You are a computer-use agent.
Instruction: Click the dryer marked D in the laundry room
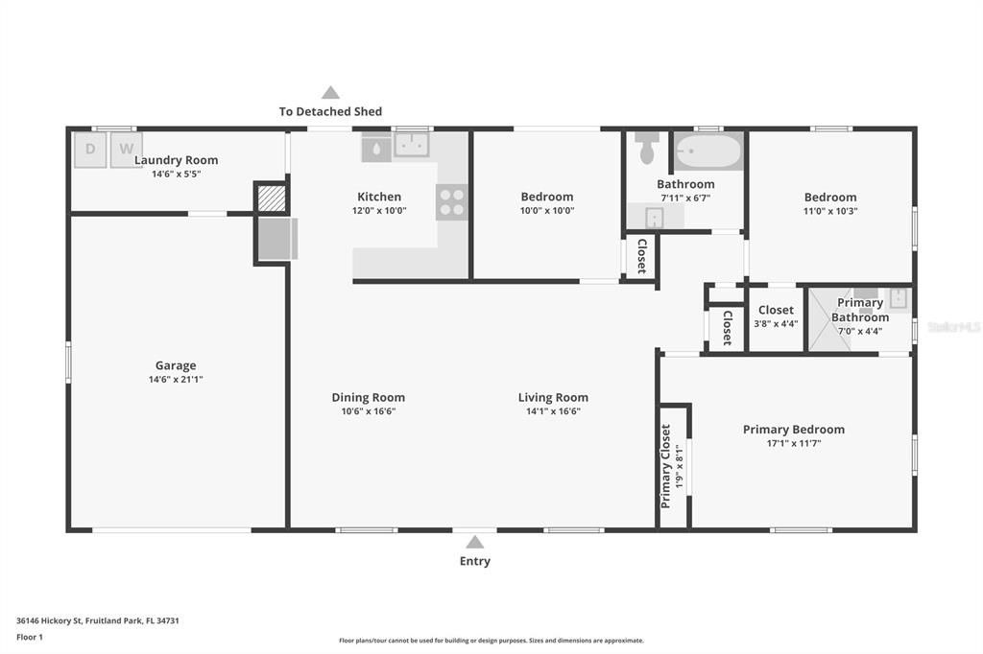click(x=90, y=149)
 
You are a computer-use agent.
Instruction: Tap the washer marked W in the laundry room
click(x=127, y=149)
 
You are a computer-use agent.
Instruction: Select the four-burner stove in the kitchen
click(x=452, y=202)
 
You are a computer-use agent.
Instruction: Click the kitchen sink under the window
click(x=411, y=145)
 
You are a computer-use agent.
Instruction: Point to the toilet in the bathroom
click(x=647, y=148)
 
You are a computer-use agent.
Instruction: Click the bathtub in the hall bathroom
click(x=708, y=151)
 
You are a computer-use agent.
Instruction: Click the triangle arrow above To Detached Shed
click(x=330, y=93)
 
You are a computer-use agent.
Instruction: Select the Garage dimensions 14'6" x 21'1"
click(x=176, y=379)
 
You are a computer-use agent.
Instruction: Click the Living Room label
click(x=553, y=397)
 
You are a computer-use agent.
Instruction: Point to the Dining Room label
click(x=368, y=397)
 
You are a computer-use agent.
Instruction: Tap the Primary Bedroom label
click(x=794, y=429)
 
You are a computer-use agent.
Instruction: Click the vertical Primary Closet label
click(x=666, y=467)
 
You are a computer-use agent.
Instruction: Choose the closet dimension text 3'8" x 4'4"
click(x=776, y=324)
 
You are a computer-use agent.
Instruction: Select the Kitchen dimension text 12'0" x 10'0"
click(x=379, y=210)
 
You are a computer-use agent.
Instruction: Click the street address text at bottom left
click(x=98, y=620)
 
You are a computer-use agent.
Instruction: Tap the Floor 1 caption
click(x=30, y=637)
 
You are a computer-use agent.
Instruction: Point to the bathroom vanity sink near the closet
click(x=655, y=217)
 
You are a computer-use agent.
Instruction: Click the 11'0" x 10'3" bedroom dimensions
click(x=830, y=211)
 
